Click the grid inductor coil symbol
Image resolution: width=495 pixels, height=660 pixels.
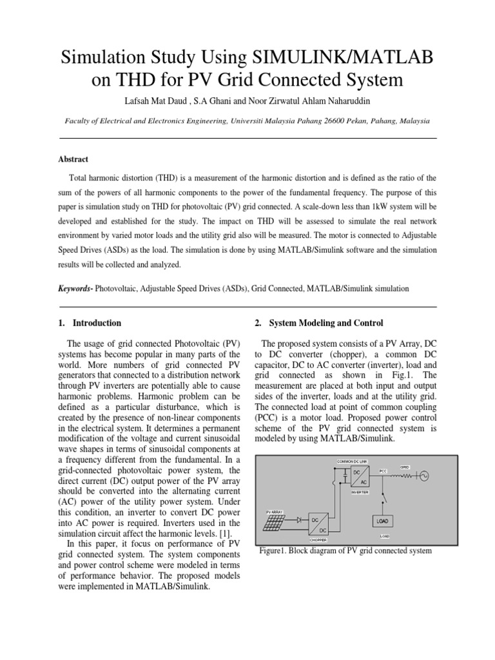tap(406, 476)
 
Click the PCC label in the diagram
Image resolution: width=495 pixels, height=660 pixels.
tap(383, 471)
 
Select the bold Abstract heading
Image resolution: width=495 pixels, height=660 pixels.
tap(74, 159)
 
